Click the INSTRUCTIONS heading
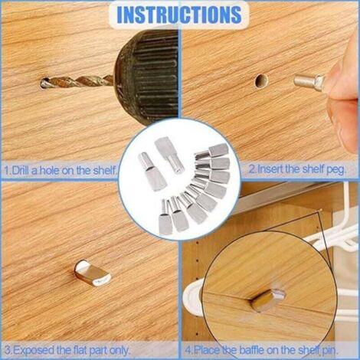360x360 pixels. click(x=179, y=14)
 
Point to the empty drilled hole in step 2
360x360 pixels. click(x=262, y=81)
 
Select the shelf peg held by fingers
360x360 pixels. click(x=309, y=82)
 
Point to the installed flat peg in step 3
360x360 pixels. click(x=93, y=272)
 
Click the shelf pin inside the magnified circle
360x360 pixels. click(x=268, y=299)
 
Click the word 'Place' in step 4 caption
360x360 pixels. click(x=207, y=350)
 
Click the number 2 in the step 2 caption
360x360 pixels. click(x=252, y=169)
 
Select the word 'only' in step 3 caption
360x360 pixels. click(x=118, y=351)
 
